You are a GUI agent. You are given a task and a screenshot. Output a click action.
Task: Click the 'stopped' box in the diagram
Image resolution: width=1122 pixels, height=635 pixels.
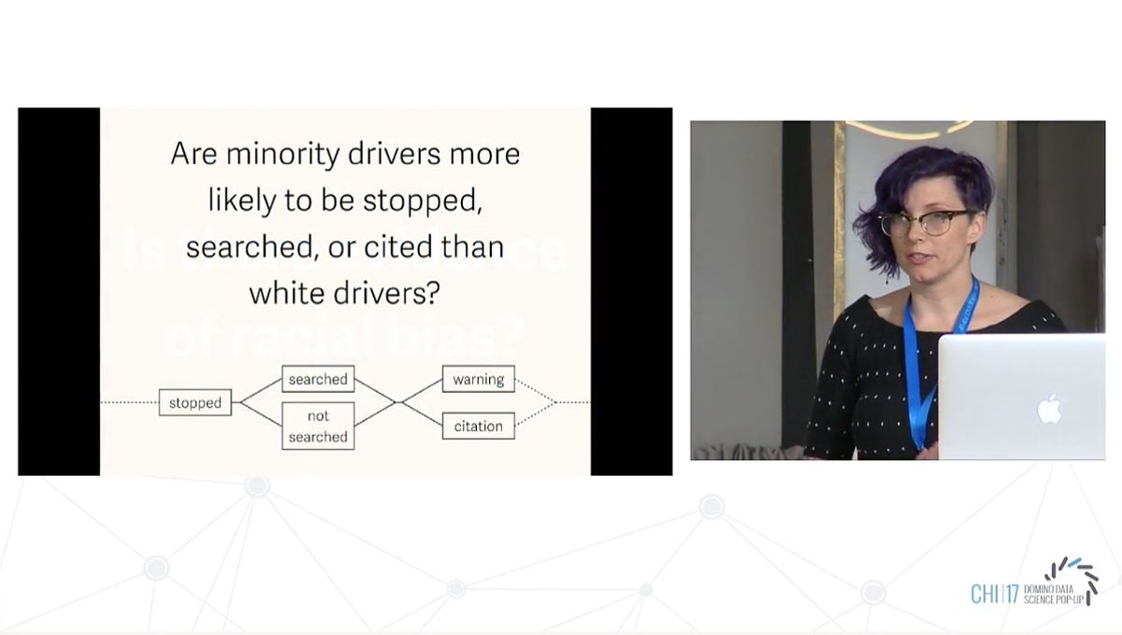coord(195,403)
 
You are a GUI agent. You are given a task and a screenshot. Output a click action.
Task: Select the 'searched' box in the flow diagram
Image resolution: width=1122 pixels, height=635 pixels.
coord(318,379)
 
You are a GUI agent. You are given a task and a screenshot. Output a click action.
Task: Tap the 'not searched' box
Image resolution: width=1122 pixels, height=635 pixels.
coord(318,426)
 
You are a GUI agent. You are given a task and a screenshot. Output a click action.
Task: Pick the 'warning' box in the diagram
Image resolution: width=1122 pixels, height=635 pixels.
coord(479,379)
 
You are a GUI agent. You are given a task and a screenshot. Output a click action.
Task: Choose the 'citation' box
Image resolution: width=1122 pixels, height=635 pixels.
coord(479,426)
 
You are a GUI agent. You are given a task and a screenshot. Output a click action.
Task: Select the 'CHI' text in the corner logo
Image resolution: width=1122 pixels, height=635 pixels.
coord(985,594)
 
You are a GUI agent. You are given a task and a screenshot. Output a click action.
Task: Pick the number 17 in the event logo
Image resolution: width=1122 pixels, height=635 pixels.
coord(1011,594)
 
